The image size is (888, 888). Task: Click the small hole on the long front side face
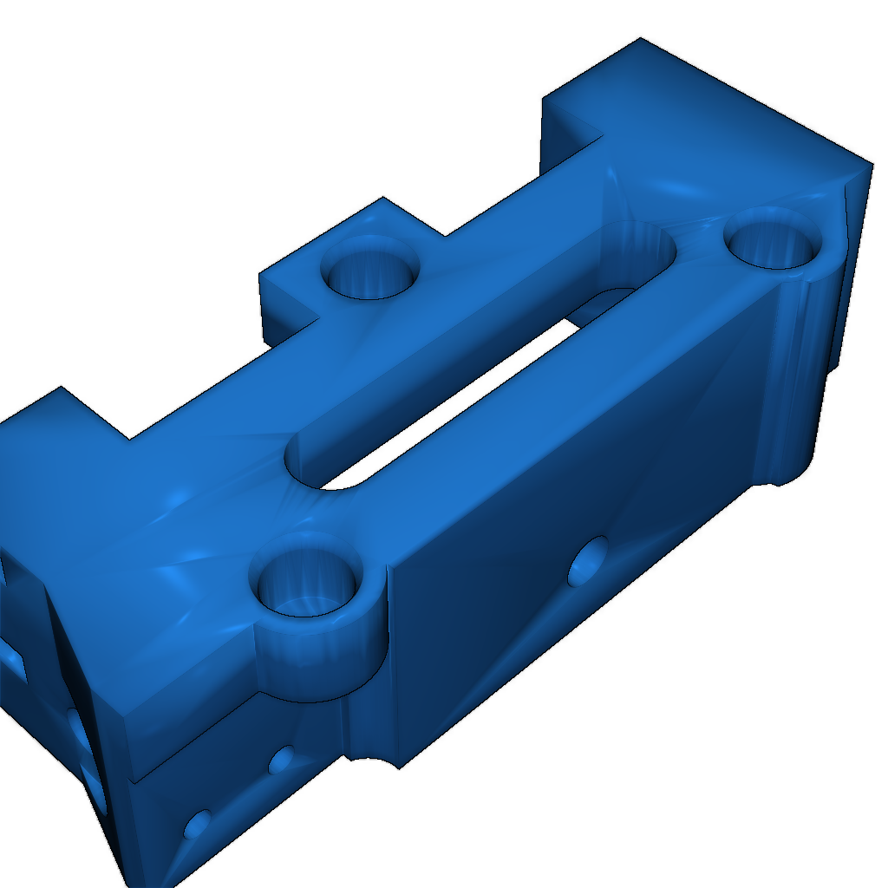coord(589,562)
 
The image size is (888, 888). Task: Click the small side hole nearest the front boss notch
coord(281,761)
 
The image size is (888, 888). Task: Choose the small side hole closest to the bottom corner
coord(198,824)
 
